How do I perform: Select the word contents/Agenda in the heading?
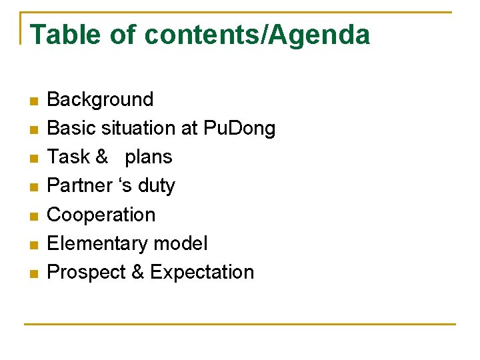pyautogui.click(x=257, y=35)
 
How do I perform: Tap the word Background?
pyautogui.click(x=100, y=100)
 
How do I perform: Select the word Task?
pyautogui.click(x=68, y=157)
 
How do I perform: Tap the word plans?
pyautogui.click(x=148, y=157)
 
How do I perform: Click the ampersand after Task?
pyautogui.click(x=101, y=157)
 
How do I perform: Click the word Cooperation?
pyautogui.click(x=101, y=215)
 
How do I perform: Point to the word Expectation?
pyautogui.click(x=202, y=273)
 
